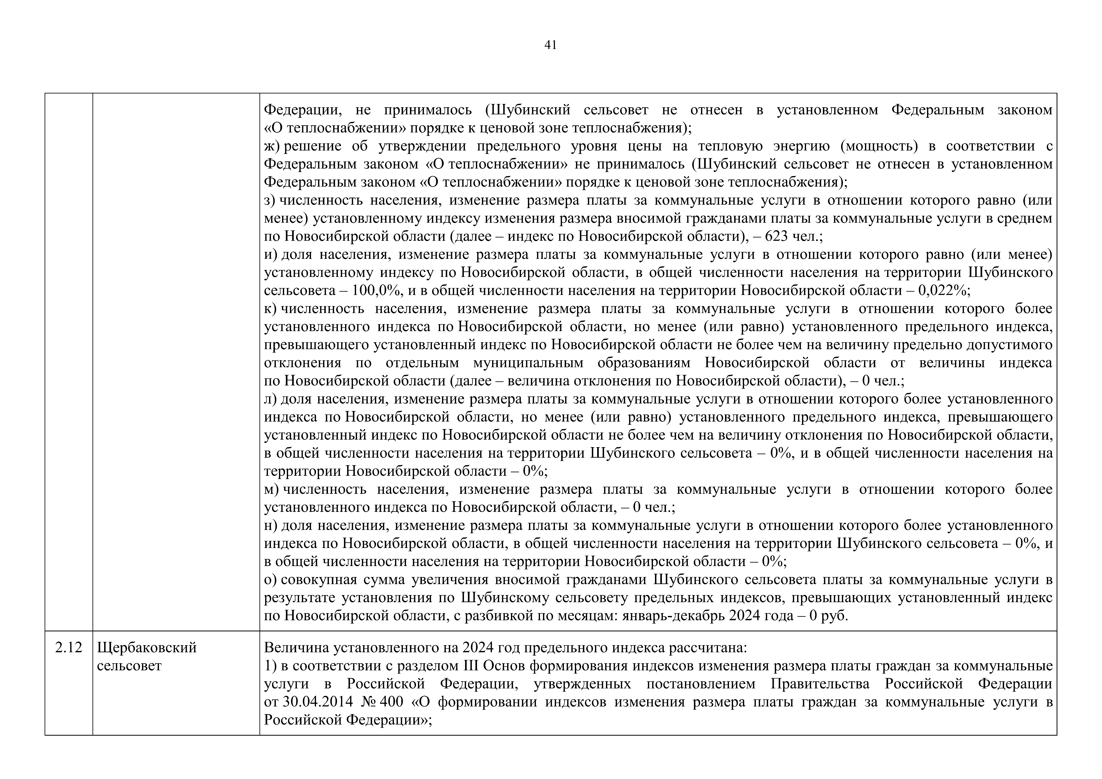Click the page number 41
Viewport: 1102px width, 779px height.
551,45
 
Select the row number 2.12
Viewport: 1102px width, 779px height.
69,648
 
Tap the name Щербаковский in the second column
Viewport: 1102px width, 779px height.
147,648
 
